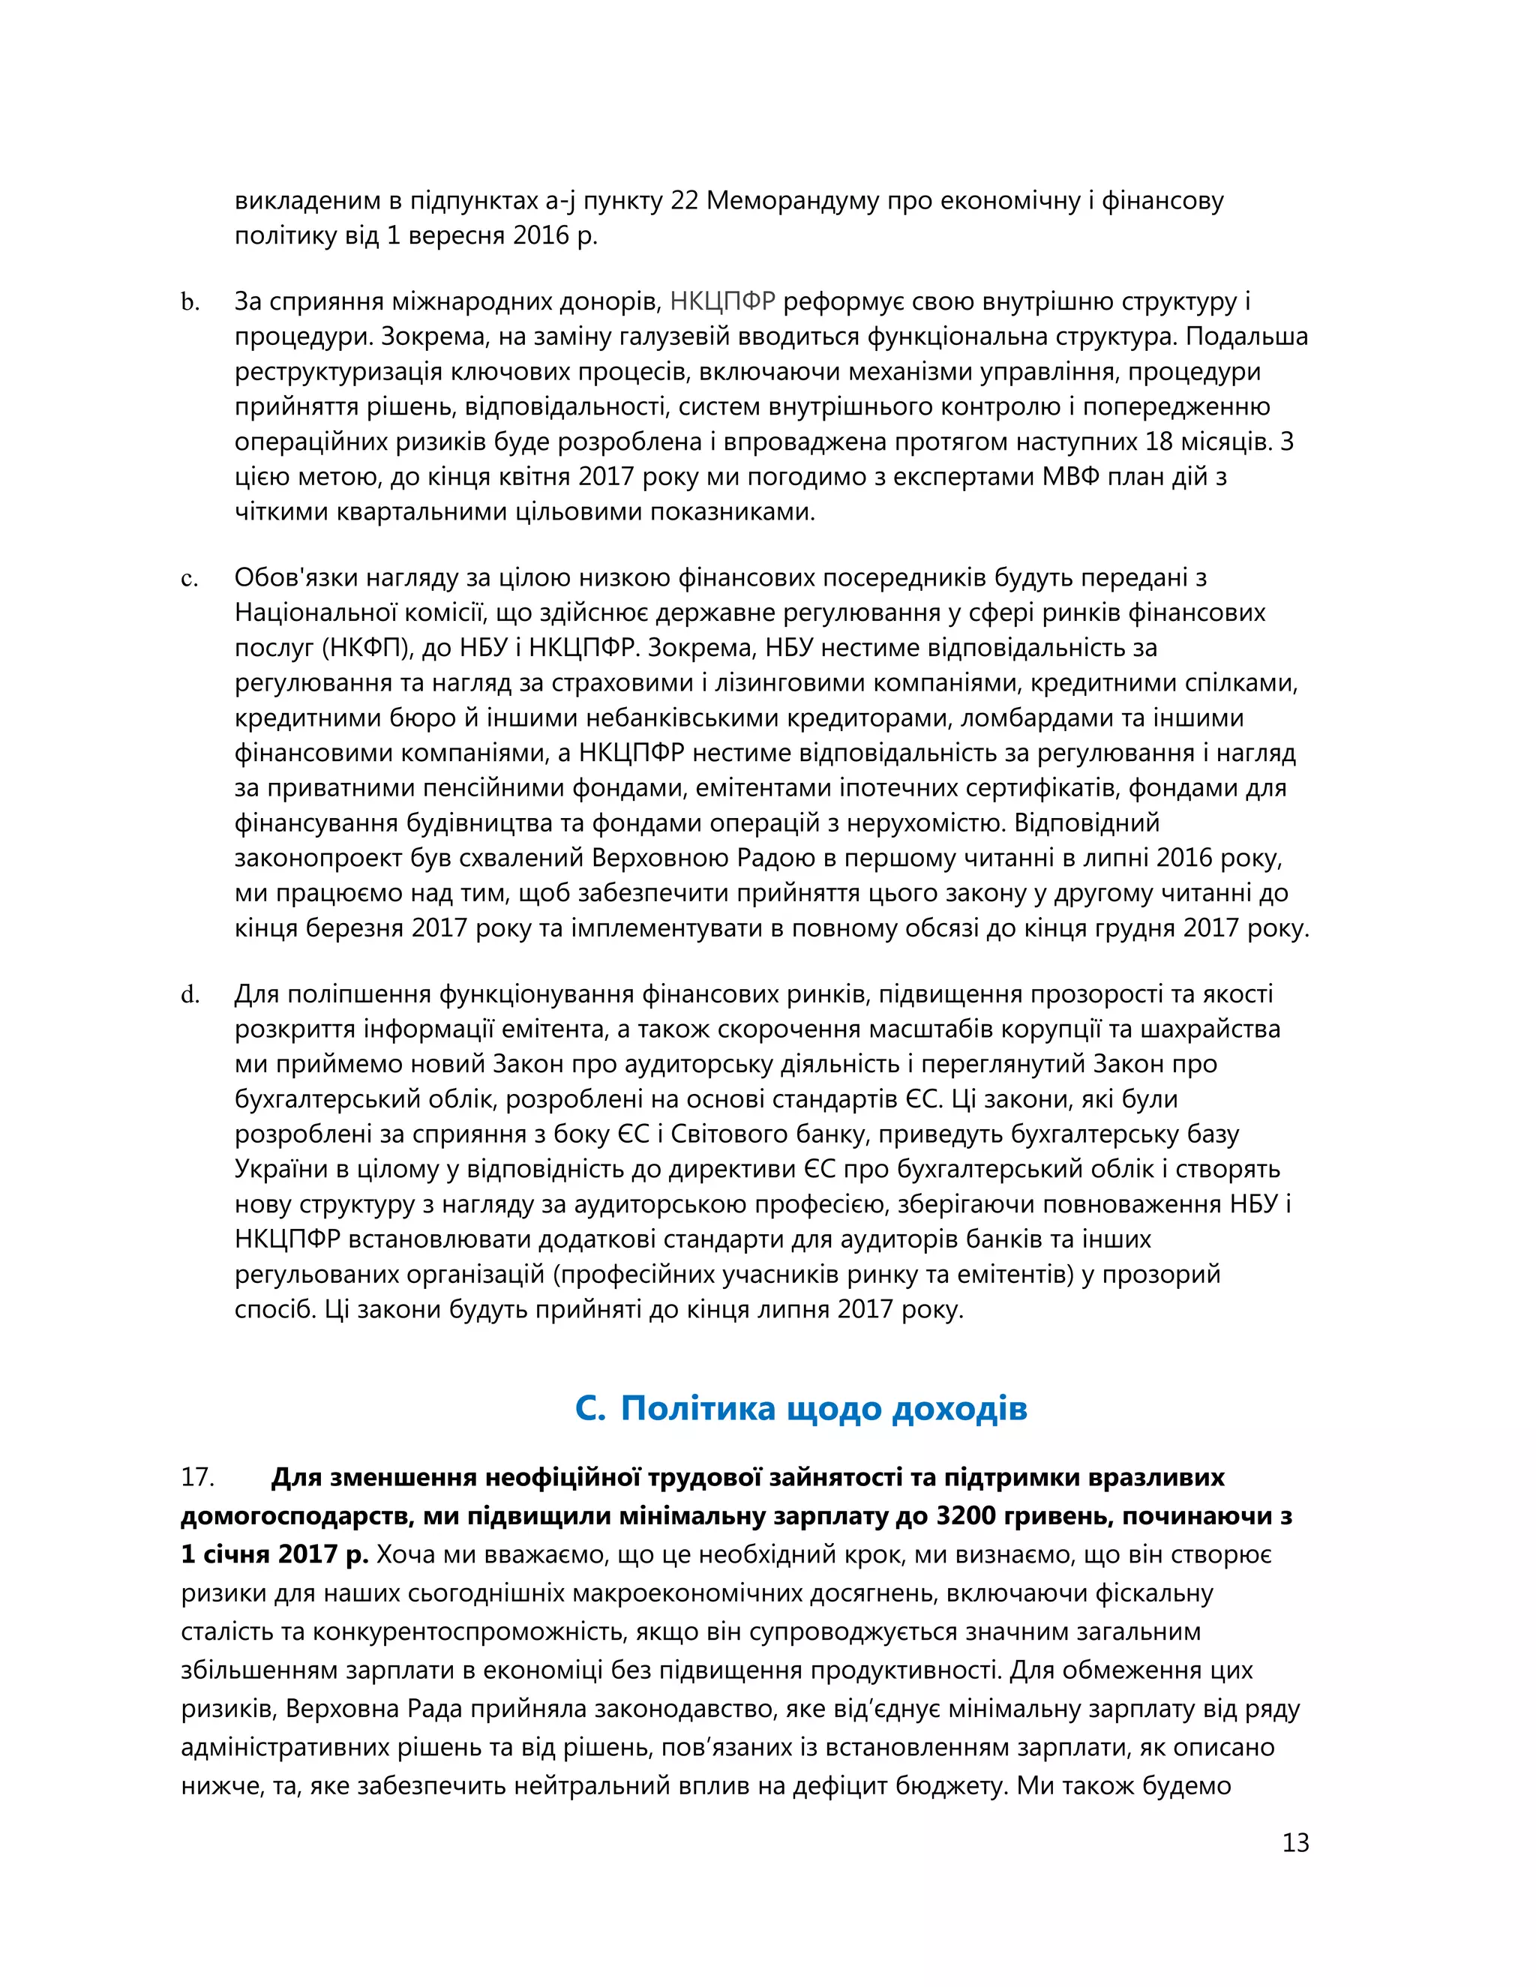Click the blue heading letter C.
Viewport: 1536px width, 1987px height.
[x=589, y=1408]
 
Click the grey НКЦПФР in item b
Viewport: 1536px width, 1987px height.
[x=722, y=301]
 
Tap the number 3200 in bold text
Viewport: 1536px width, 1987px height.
[x=968, y=1515]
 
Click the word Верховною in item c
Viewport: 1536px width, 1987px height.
[x=656, y=858]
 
